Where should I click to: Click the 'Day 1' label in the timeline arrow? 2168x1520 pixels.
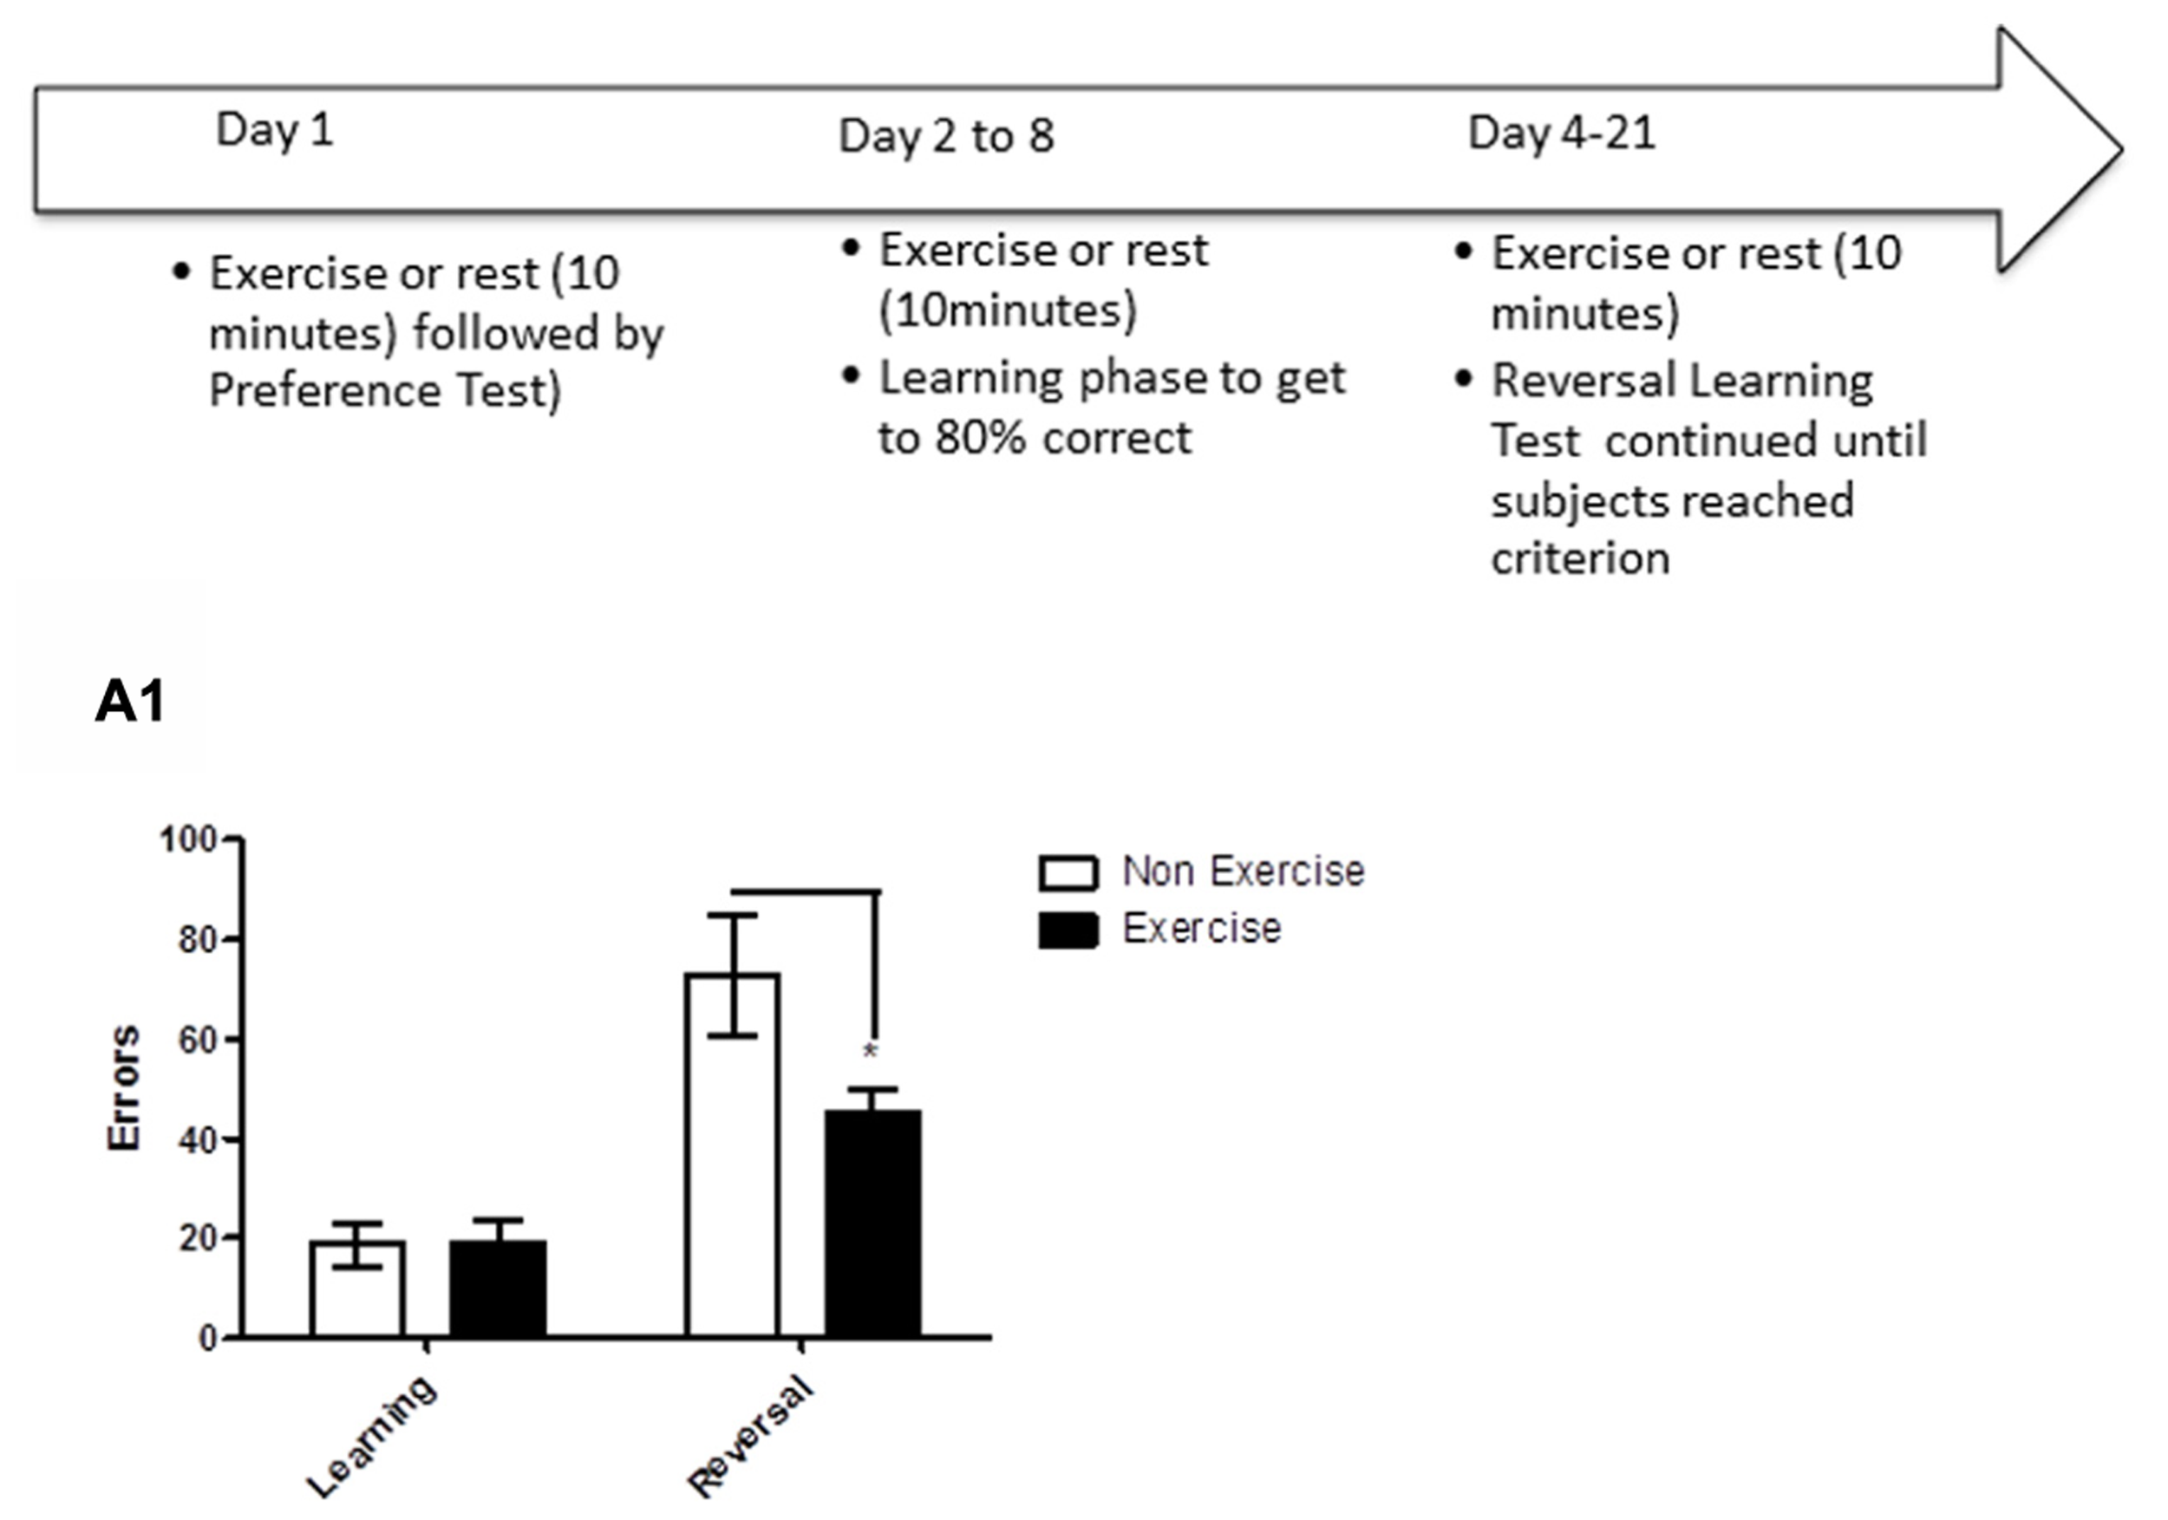(275, 129)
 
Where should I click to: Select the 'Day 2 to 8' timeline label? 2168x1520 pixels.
(946, 136)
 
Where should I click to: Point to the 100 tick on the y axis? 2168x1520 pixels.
(188, 839)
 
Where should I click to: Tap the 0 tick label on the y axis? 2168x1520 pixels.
(208, 1338)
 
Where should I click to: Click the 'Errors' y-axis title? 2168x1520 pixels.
(124, 1087)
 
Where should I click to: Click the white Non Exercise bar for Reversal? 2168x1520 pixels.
(733, 1156)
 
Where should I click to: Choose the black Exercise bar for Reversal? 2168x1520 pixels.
(872, 1223)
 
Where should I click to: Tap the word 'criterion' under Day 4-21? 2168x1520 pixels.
(1581, 559)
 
